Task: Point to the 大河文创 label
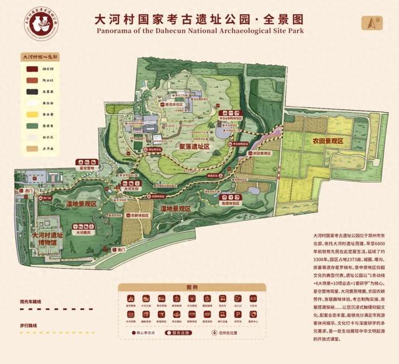pos(129,187)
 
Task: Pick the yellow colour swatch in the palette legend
pos(29,115)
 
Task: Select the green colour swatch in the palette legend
pos(29,125)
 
